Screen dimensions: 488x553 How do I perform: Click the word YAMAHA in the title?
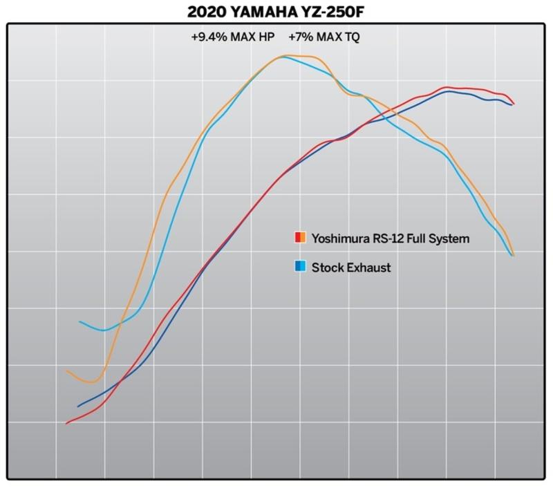point(267,12)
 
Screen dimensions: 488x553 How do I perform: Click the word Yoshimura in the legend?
point(341,239)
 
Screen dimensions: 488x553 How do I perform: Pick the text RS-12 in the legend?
point(391,239)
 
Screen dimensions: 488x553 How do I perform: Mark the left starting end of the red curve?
point(66,423)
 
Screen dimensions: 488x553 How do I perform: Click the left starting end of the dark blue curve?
point(77,406)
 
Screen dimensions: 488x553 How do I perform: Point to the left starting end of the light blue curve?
point(80,321)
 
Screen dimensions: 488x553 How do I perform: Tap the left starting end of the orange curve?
point(66,371)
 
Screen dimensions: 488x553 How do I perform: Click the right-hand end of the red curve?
point(515,104)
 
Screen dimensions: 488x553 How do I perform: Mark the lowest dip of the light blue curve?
point(103,330)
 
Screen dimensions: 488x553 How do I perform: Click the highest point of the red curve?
point(448,87)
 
